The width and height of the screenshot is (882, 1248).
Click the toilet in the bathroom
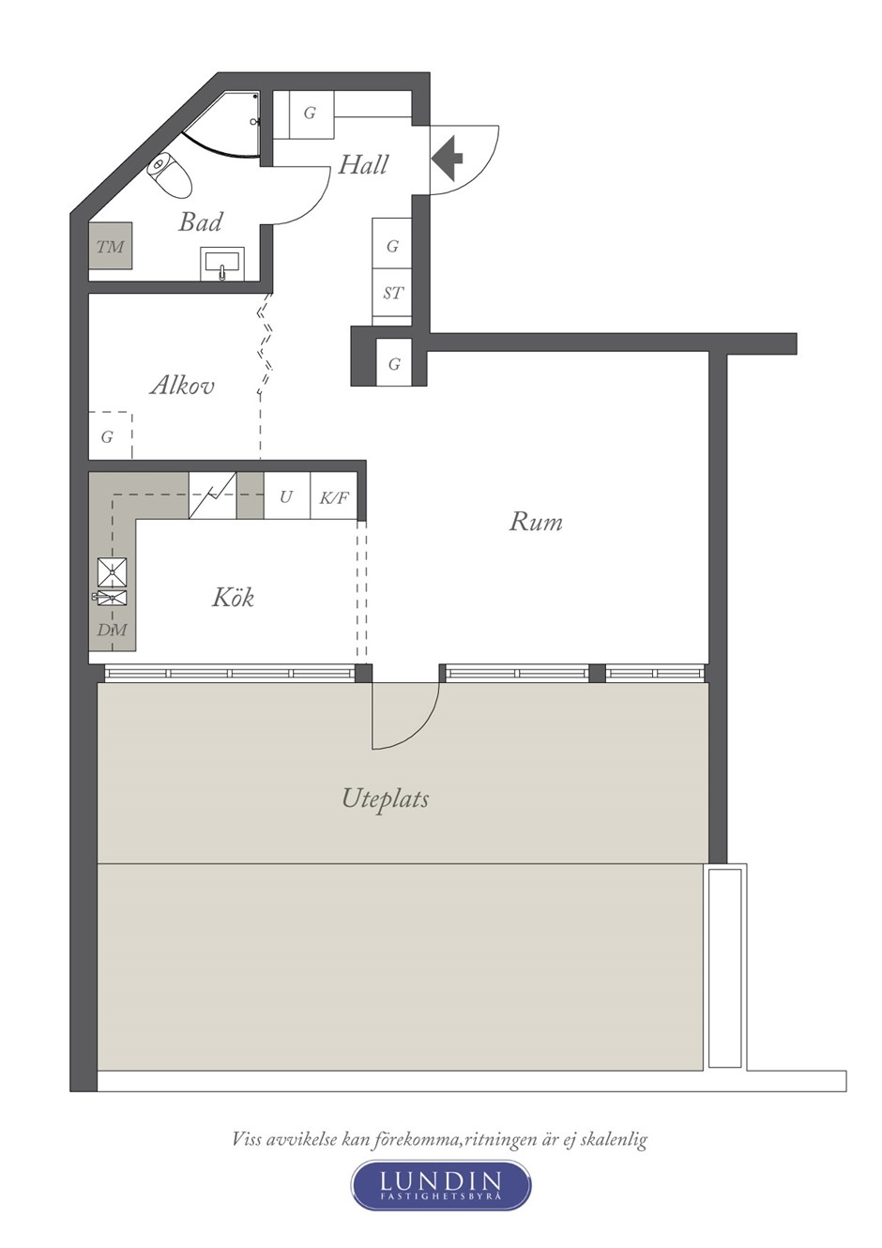pyautogui.click(x=170, y=174)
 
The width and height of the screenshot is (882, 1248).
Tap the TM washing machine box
pyautogui.click(x=111, y=246)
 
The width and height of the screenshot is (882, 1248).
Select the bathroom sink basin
pyautogui.click(x=222, y=264)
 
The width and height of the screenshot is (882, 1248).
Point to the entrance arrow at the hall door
pyautogui.click(x=448, y=159)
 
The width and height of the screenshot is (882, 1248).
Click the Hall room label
pyautogui.click(x=363, y=165)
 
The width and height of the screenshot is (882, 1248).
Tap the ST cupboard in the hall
pyautogui.click(x=392, y=293)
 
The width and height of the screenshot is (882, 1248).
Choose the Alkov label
pyautogui.click(x=182, y=385)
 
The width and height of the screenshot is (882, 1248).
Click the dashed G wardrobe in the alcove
pyautogui.click(x=111, y=435)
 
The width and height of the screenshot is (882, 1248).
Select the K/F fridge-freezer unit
pyautogui.click(x=334, y=496)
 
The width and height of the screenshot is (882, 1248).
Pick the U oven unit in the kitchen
pyautogui.click(x=286, y=496)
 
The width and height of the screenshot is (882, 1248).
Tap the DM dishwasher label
pyautogui.click(x=112, y=631)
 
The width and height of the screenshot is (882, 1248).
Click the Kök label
pyautogui.click(x=233, y=597)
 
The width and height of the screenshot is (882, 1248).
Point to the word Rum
pyautogui.click(x=536, y=522)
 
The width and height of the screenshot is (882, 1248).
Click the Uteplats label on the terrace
pyautogui.click(x=385, y=799)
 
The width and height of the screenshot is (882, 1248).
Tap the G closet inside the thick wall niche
pyautogui.click(x=394, y=363)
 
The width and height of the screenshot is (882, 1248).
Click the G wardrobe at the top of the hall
pyautogui.click(x=310, y=114)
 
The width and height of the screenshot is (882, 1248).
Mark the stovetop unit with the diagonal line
pyautogui.click(x=213, y=495)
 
